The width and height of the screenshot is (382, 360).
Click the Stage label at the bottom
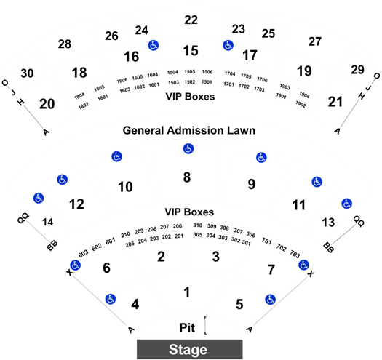188,350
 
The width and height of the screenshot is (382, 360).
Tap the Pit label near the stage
187,327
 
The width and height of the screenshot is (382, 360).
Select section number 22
191,20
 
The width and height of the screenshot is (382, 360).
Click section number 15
191,51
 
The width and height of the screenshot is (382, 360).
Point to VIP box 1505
189,71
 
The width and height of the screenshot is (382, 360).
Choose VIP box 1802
84,105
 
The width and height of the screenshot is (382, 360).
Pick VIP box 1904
304,95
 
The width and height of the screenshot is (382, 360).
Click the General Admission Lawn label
189,131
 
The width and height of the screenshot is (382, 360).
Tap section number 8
187,177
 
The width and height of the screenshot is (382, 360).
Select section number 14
48,222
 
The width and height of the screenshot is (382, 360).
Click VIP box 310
198,225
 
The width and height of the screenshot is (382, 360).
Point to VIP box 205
130,244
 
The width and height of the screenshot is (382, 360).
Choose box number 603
83,254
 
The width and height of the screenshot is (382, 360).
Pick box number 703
295,254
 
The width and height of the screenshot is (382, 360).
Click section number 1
187,292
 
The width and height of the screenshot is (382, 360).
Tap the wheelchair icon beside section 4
111,299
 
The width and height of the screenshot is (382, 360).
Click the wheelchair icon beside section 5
270,300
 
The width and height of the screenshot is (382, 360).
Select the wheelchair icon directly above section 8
188,148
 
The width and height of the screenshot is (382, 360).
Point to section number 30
27,73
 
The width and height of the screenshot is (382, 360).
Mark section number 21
335,102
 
